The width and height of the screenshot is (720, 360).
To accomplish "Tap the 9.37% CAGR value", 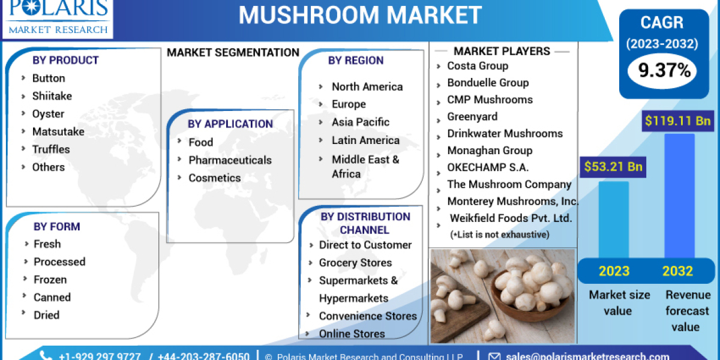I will coord(664,71).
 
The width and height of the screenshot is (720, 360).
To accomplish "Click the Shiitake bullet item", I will coord(52,96).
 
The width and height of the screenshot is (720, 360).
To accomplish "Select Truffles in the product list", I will coord(51,149).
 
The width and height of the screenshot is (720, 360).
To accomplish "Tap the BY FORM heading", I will coord(56,226).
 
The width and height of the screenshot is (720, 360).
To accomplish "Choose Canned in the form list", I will coord(52,297).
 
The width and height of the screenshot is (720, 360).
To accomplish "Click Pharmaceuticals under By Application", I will coord(230,160).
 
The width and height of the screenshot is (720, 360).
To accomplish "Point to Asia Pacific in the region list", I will coord(361,122).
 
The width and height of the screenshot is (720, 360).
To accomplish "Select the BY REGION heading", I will coord(356,61).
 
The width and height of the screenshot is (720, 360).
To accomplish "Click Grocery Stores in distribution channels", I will coord(355,263).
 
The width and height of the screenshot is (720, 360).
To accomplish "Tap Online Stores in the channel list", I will coord(352,334).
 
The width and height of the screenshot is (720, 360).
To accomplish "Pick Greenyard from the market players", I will coord(472,116).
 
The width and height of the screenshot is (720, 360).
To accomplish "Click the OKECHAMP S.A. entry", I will coord(488,167).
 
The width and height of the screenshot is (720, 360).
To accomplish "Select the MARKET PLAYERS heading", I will coord(502,51).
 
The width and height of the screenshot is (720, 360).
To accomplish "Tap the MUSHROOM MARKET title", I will coord(360,15).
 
